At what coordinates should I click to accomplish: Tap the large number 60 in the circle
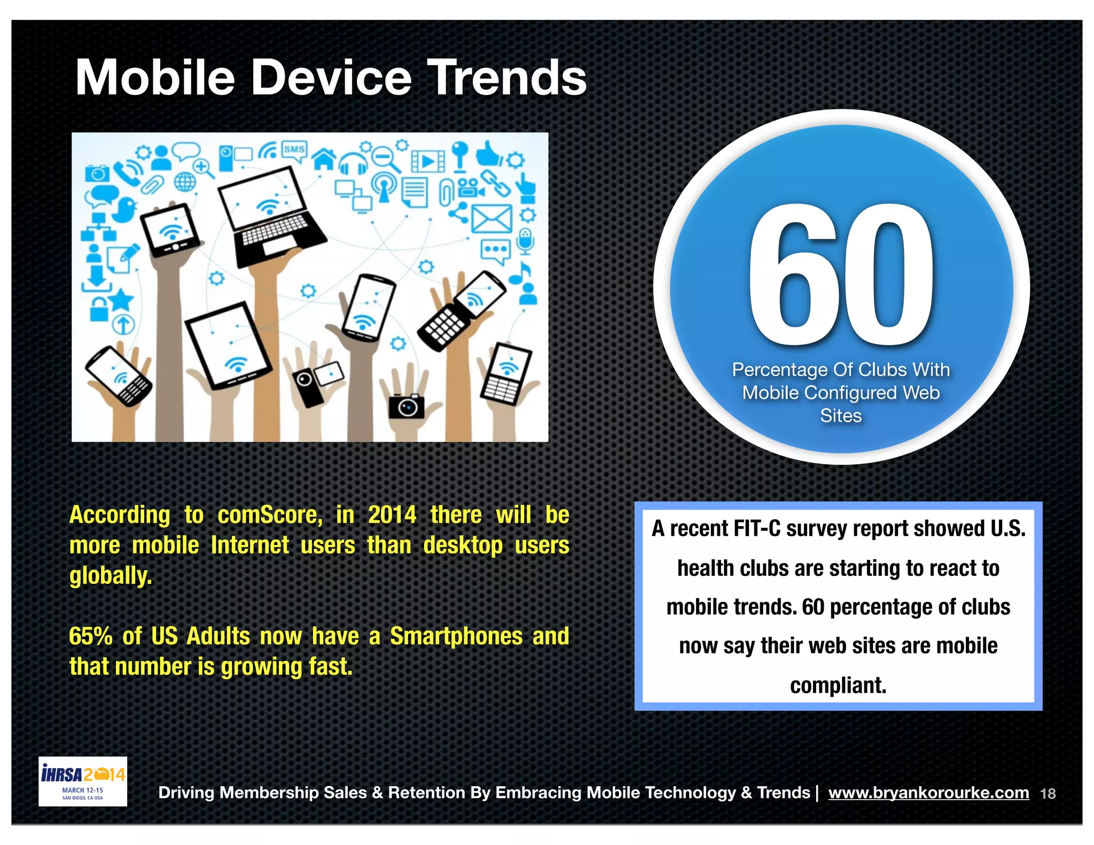(841, 276)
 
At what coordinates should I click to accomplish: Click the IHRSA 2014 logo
(83, 781)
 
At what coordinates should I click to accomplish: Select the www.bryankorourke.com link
(928, 793)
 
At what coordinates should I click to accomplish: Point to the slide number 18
(1048, 794)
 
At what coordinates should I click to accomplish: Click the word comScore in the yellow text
(270, 515)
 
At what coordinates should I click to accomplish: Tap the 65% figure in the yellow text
(90, 637)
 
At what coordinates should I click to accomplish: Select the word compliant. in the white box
(838, 685)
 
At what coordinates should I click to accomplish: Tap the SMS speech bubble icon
(294, 150)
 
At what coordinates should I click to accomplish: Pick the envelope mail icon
(491, 219)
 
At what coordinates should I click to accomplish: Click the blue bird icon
(125, 209)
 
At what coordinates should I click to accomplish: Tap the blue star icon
(121, 300)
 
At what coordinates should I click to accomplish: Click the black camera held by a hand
(407, 407)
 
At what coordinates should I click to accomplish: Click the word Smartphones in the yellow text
(456, 637)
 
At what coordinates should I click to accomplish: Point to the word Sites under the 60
(841, 416)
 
